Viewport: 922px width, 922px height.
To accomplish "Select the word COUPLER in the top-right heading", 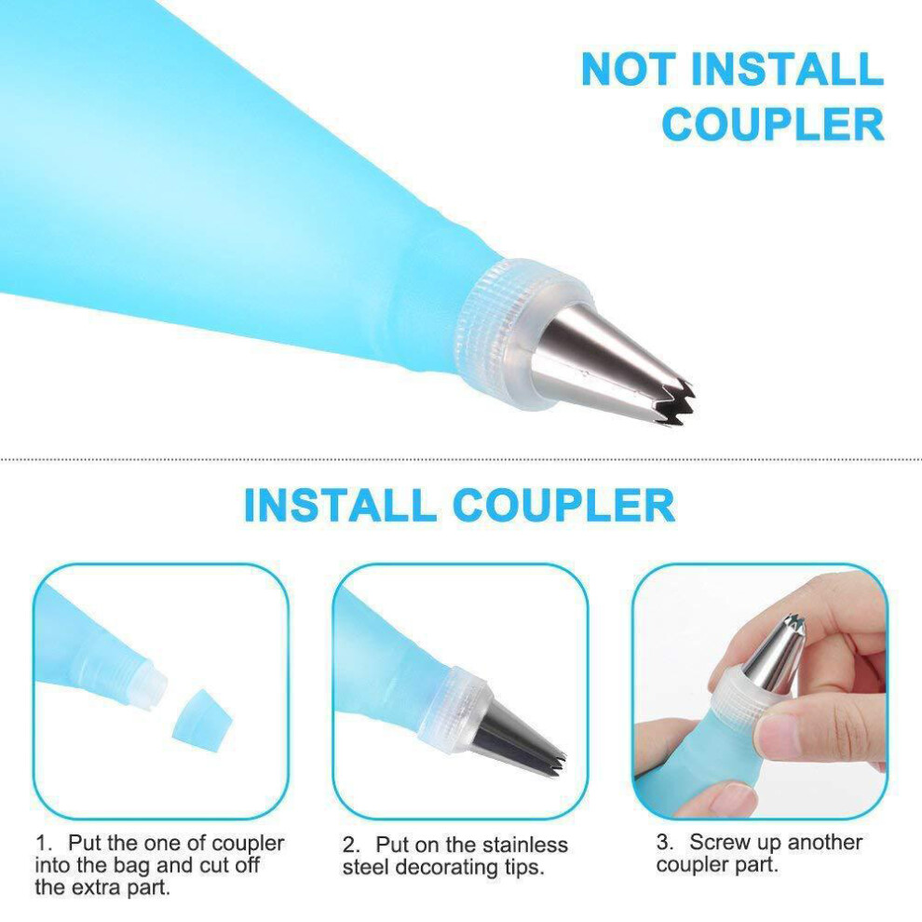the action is pos(773,124).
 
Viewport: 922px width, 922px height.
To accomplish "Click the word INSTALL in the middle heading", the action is pos(340,505).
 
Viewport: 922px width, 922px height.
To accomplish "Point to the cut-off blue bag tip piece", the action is pos(201,721).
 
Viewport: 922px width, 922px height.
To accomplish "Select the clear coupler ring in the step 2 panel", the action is pos(453,711).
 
